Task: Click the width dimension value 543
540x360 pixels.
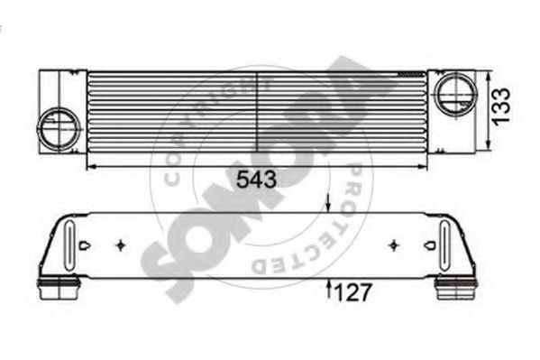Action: tap(256, 180)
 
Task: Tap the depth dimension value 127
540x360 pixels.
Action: tap(353, 292)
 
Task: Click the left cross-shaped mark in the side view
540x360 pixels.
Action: tap(122, 244)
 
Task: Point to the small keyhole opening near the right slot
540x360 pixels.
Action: tap(427, 245)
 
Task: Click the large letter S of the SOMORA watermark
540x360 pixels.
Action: tap(171, 271)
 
